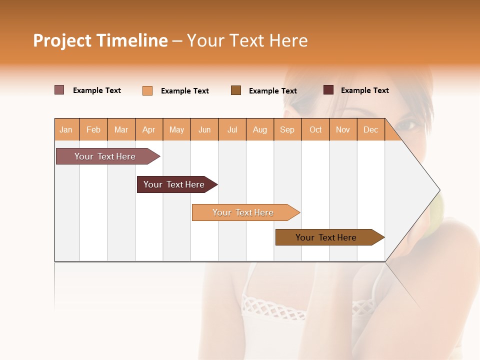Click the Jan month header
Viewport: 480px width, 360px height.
coord(66,129)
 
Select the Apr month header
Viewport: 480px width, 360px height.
coord(148,129)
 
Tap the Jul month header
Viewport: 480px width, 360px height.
coord(232,129)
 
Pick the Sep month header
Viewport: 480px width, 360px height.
coord(287,129)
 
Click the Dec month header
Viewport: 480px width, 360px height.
coord(370,129)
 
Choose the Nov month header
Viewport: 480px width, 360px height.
coord(342,129)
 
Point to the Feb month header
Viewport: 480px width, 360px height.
coord(93,129)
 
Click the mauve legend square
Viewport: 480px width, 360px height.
coord(59,90)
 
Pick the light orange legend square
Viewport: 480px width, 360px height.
coord(147,90)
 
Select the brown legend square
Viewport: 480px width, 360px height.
coord(236,90)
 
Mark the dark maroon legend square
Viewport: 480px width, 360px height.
coord(328,90)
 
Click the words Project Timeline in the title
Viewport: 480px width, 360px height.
coord(100,40)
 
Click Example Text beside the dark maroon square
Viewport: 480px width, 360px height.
coord(364,90)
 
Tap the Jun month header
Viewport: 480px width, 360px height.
coord(204,129)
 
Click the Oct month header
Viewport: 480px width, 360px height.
coord(315,129)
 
